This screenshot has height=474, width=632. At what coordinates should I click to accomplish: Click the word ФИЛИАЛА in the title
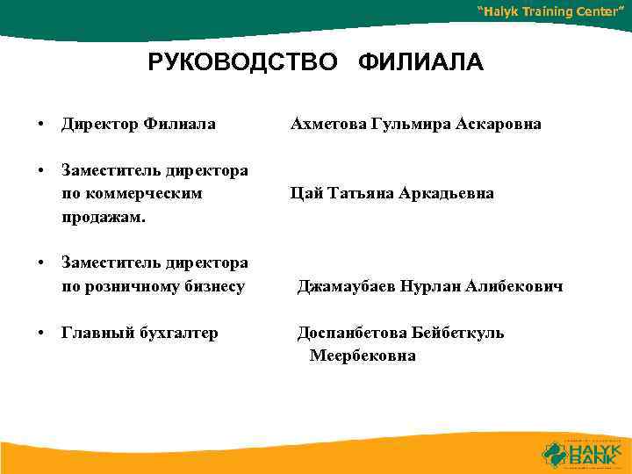tap(420, 64)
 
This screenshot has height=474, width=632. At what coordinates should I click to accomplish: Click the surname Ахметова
tap(328, 125)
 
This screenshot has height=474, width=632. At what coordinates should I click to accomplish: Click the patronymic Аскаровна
tap(499, 125)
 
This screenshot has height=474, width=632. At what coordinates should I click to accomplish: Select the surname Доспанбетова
tap(355, 334)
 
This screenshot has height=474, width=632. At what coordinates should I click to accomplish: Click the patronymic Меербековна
tap(363, 356)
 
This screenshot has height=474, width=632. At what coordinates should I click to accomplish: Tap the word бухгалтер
tap(175, 334)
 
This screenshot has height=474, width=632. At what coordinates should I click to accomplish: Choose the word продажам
tap(97, 216)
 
